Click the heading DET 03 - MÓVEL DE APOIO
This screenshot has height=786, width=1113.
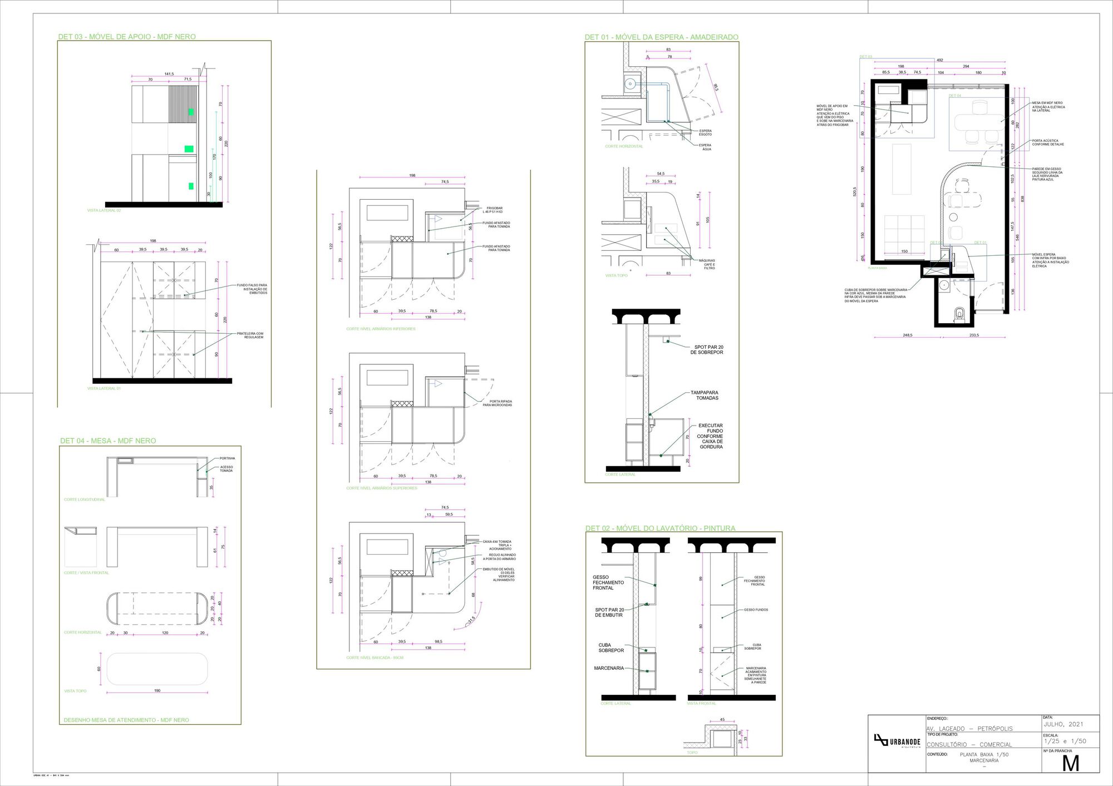pos(127,37)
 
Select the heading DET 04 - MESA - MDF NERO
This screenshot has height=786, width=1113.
pos(108,441)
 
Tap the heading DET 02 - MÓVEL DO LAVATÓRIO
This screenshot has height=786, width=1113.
pos(660,528)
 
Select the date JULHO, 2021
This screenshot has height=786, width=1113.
pos(1063,724)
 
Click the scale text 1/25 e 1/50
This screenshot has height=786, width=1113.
pos(1065,741)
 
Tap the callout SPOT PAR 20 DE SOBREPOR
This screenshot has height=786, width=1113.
pos(707,349)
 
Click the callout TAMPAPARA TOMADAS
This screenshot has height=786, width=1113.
pos(705,395)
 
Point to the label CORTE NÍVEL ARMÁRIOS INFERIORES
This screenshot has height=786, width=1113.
pos(381,329)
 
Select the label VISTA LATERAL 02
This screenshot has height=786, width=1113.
pos(104,210)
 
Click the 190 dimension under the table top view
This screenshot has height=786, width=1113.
pos(157,690)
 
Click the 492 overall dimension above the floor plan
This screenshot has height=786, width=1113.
pos(939,60)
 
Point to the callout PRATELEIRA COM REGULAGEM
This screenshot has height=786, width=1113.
pos(250,335)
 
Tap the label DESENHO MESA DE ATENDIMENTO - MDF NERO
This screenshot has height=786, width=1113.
pos(126,720)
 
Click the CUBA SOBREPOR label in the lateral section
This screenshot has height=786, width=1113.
pos(611,647)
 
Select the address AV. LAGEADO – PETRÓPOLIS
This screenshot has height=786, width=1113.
pos(969,729)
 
